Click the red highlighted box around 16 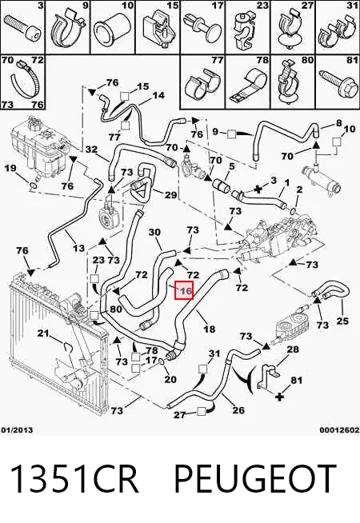184,290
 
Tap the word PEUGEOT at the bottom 255,479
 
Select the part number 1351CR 74,479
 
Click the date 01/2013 17,430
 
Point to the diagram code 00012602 340,430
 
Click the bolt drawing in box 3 22,30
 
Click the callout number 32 91,149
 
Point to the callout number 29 170,194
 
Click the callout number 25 342,321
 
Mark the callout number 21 43,333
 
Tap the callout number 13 78,248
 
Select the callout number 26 238,410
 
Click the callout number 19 10,167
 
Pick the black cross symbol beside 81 280,397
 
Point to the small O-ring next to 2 293,210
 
